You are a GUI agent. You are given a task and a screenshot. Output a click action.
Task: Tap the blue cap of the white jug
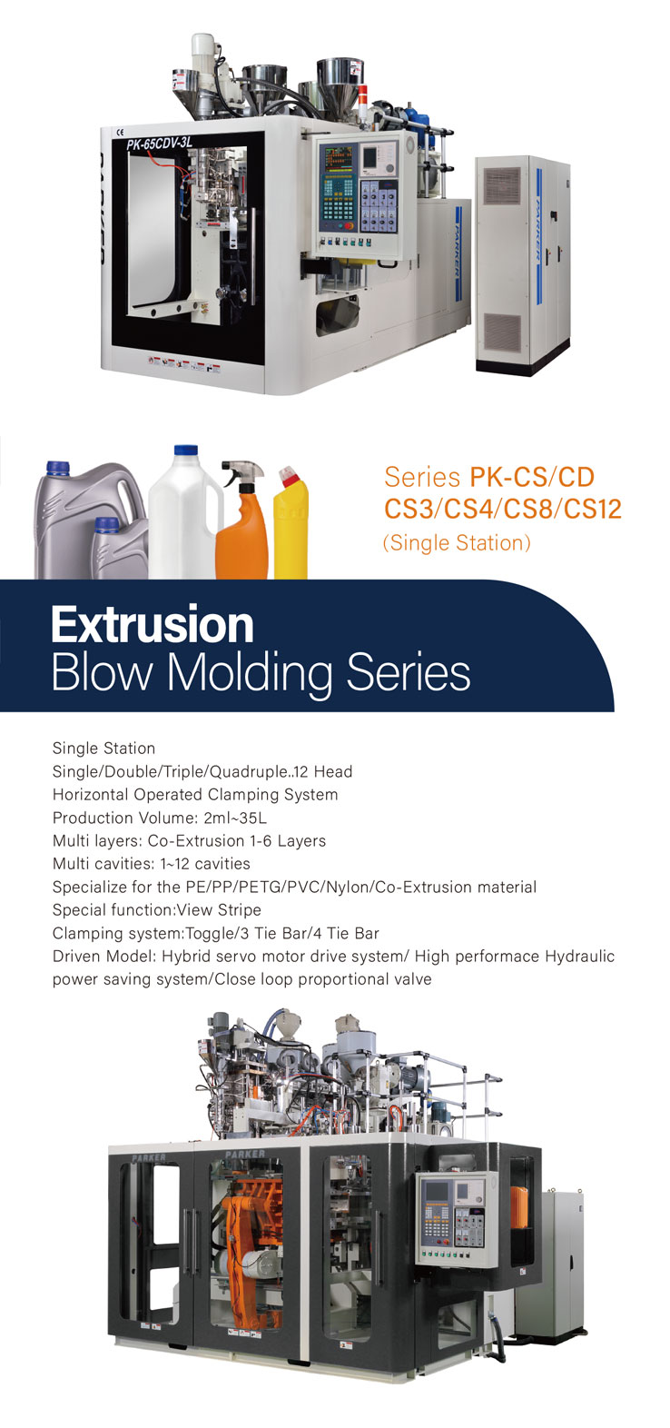click(x=186, y=450)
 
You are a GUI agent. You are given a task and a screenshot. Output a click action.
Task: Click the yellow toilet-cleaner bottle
click(x=291, y=522)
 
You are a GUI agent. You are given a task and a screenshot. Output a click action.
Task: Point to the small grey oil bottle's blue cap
click(x=106, y=525)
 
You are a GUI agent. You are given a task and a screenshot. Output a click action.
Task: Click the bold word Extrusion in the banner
click(x=153, y=625)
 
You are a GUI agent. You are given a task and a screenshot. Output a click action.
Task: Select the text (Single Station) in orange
click(x=457, y=542)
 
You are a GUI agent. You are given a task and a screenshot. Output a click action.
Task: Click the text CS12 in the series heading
click(x=592, y=510)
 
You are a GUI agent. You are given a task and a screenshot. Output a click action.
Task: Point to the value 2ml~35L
click(x=235, y=818)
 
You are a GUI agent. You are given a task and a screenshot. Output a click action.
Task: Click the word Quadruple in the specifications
click(x=249, y=772)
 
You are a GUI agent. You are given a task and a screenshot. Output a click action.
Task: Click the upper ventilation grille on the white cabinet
click(x=502, y=185)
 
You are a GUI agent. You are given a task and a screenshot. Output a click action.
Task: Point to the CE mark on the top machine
click(x=121, y=133)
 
